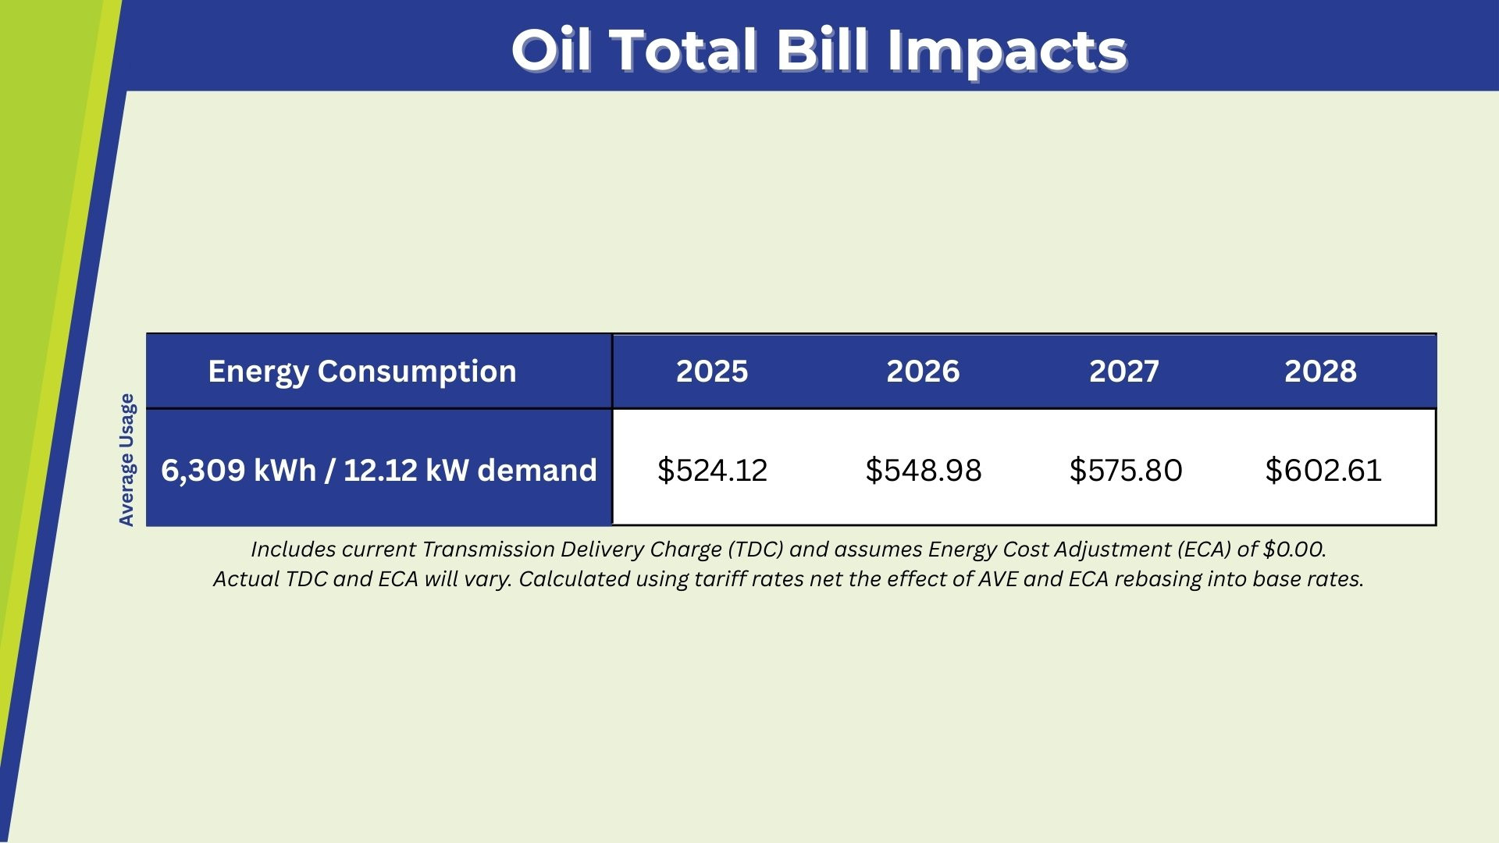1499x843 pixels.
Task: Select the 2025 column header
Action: [x=712, y=372]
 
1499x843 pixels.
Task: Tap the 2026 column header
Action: [x=923, y=372]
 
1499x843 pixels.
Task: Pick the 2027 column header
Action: [x=1124, y=372]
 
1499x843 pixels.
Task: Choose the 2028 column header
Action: [x=1320, y=372]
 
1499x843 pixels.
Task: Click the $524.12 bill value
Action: [x=713, y=470]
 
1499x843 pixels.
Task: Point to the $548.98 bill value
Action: [x=924, y=470]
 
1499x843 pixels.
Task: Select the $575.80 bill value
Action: [x=1126, y=470]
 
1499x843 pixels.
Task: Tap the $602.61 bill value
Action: [x=1323, y=470]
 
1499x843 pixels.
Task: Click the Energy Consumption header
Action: [x=362, y=372]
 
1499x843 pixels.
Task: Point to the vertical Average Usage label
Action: [x=126, y=460]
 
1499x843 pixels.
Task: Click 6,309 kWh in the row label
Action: [x=238, y=471]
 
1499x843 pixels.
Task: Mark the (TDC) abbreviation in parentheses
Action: [x=756, y=550]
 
